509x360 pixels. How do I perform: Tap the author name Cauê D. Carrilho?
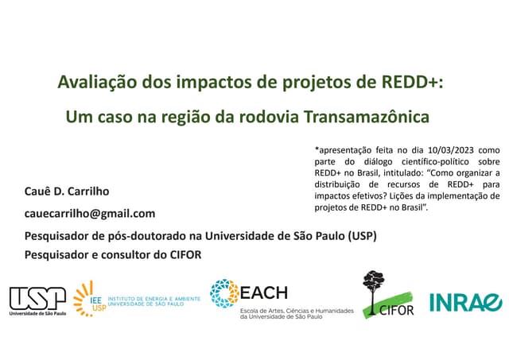point(67,192)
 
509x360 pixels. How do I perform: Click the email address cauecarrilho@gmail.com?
point(90,213)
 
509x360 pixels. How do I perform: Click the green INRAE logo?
point(465,302)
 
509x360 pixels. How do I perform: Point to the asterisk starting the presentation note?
point(317,148)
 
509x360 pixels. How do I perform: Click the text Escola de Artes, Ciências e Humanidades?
point(297,311)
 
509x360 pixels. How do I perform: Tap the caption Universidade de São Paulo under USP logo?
point(37,314)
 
